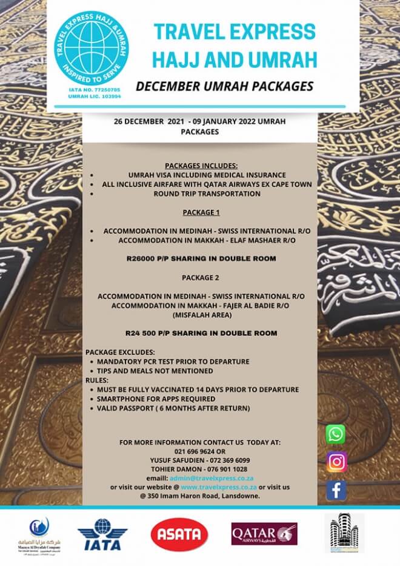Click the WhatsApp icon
[x=335, y=434]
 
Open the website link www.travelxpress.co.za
[x=219, y=487]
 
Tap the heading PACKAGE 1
[x=199, y=213]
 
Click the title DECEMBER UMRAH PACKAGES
[x=224, y=86]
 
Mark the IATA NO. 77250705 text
[x=91, y=89]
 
